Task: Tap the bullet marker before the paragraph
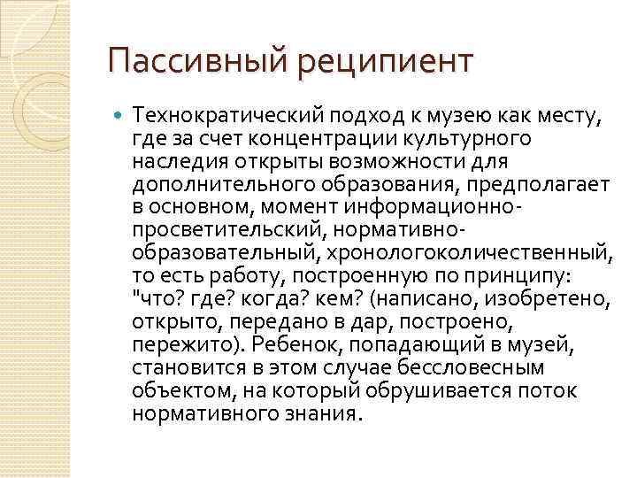click(119, 114)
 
